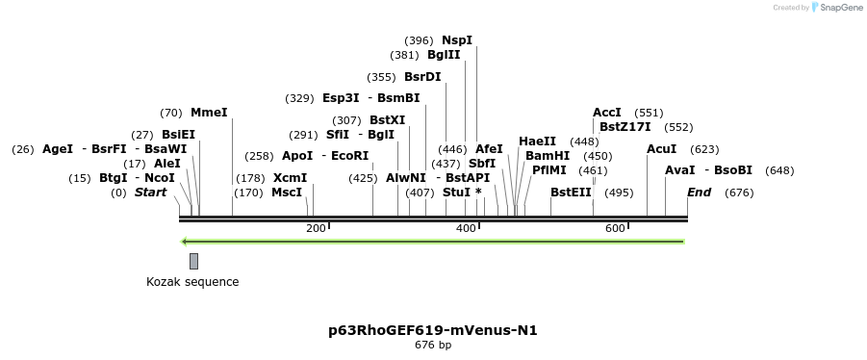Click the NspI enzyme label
point(457,40)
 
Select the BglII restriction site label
point(444,55)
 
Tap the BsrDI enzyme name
point(422,76)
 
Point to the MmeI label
point(209,113)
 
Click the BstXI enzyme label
point(388,120)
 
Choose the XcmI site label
point(290,178)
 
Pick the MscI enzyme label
point(287,193)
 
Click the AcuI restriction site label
point(662,149)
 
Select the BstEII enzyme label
point(571,193)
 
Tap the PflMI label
point(549,170)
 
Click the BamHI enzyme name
point(548,156)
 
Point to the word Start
point(150,193)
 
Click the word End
point(699,193)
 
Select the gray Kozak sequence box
point(193,261)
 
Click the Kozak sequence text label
point(192,282)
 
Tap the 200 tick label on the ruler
point(316,228)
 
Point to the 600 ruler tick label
point(615,228)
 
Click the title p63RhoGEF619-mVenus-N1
point(433,330)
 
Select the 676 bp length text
point(433,345)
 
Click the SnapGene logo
point(837,8)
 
